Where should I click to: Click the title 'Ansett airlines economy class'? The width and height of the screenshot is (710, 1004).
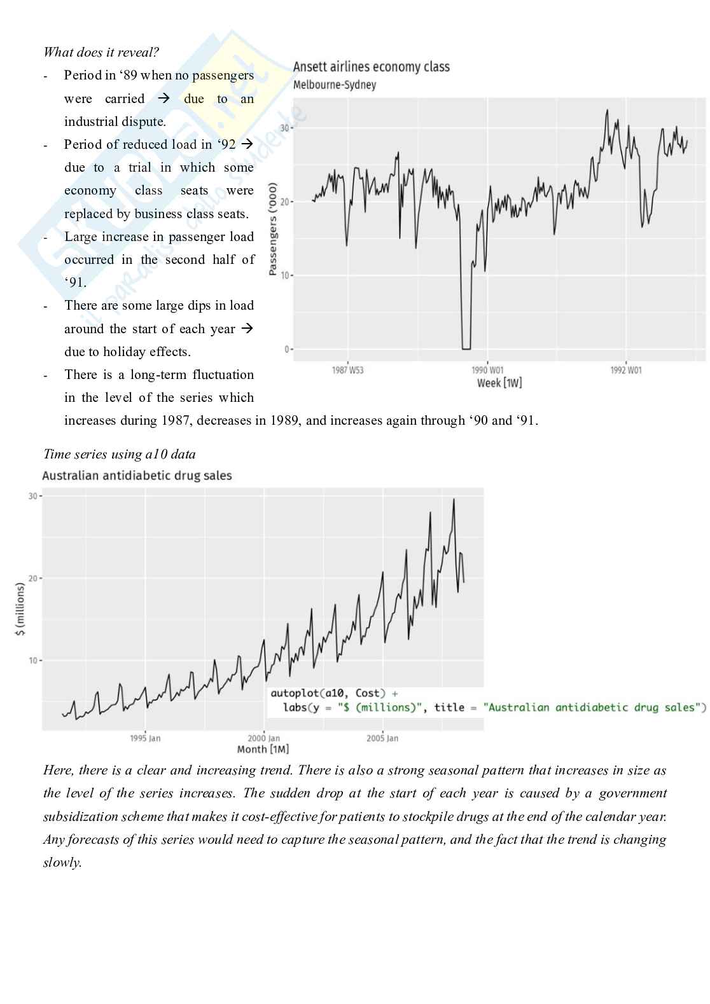click(x=371, y=67)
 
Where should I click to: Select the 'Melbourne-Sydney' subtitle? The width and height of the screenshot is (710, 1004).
click(x=335, y=85)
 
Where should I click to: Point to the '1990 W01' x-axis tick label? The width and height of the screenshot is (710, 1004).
click(x=487, y=370)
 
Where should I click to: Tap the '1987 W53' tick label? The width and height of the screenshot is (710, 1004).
click(x=348, y=370)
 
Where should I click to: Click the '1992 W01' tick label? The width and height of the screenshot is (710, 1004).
click(x=626, y=370)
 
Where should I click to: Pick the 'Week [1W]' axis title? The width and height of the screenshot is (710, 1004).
click(x=499, y=383)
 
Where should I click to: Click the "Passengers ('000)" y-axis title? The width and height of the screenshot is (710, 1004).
click(x=273, y=229)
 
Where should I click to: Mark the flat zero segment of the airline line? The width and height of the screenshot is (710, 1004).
click(x=466, y=348)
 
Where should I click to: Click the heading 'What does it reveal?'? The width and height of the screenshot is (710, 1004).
click(x=101, y=52)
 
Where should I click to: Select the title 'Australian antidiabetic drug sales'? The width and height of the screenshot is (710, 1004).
click(x=137, y=476)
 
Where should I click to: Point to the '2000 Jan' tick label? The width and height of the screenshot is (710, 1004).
click(x=263, y=738)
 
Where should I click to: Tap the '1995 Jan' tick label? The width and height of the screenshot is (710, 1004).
click(x=145, y=738)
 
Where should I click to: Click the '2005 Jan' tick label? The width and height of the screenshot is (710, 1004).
click(x=382, y=738)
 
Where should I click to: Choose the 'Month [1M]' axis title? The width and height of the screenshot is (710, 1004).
click(x=263, y=749)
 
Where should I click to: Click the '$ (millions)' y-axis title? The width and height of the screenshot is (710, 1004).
click(x=20, y=610)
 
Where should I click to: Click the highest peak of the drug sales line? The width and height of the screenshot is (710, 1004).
click(x=454, y=499)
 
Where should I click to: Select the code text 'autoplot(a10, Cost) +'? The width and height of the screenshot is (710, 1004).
click(x=334, y=693)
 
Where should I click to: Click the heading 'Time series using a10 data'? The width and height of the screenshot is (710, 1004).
click(x=120, y=454)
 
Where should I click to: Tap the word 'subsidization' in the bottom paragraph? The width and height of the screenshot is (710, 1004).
click(x=81, y=816)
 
